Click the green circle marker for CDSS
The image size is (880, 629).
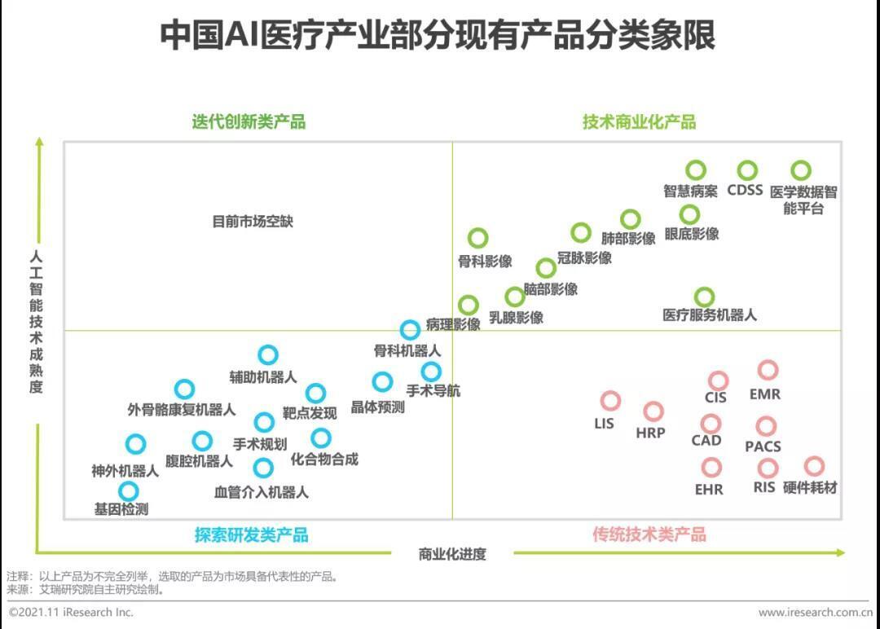pos(747,170)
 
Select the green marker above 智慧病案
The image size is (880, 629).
pos(695,169)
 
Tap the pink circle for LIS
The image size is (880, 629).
pos(610,401)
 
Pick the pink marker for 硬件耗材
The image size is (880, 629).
pos(814,466)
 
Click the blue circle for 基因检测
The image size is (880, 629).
pos(129,491)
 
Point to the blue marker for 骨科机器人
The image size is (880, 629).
pos(411,329)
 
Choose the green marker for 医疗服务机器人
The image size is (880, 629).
pos(704,297)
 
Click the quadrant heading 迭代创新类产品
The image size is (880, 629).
pos(249,122)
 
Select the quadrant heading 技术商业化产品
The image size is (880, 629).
pos(639,122)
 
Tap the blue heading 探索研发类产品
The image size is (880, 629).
pos(251,534)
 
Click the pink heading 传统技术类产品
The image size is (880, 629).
pos(649,534)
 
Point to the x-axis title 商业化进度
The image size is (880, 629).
pos(452,555)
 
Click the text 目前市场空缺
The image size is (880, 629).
pos(252,221)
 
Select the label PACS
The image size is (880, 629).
pos(763,446)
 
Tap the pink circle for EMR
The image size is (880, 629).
pos(768,371)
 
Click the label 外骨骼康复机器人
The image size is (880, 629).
pos(182,410)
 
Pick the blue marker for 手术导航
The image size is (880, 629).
pos(431,372)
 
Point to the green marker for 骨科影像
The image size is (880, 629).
pos(478,238)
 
